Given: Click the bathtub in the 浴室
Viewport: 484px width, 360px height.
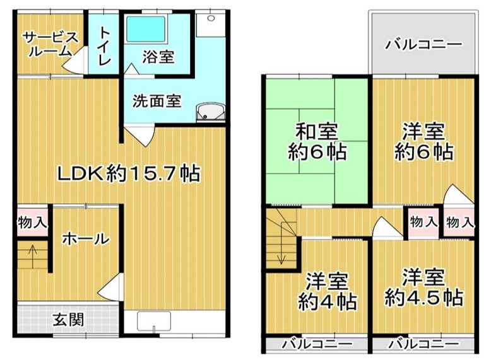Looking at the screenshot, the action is point(146,28).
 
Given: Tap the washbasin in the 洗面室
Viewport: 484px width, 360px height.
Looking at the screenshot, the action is point(210,112).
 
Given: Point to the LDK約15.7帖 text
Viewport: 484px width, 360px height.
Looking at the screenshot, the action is point(129,173).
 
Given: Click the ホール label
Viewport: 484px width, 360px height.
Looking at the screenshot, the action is point(86,239).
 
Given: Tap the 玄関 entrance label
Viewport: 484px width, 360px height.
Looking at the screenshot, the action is point(68,320).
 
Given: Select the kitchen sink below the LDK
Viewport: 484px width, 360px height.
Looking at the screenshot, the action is point(154,321).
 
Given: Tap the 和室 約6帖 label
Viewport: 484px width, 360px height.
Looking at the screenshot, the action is point(317,142).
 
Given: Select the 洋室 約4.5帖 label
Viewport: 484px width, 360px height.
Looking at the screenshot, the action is point(424,287).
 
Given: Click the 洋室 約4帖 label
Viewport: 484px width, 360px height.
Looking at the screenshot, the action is point(328,291).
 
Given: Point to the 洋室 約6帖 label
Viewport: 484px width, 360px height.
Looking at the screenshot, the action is point(424,142).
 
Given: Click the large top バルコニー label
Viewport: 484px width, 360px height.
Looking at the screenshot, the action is point(423,45).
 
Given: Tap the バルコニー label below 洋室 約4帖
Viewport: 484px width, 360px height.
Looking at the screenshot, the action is point(317,344).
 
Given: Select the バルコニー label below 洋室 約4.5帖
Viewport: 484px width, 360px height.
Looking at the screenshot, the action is point(423,344).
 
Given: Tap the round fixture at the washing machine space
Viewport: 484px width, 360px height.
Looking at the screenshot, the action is point(211,18).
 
